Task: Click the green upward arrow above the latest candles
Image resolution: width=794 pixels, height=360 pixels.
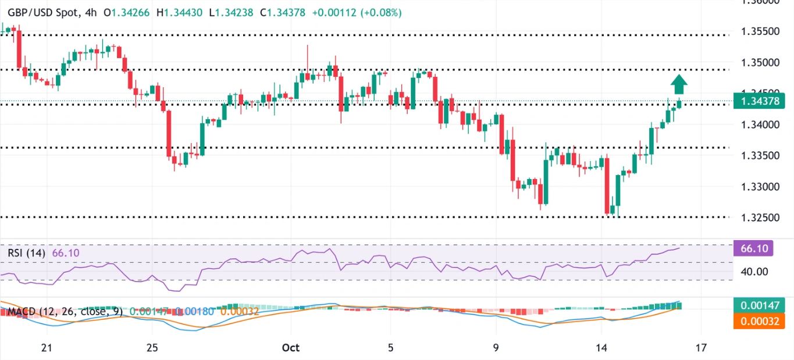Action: coord(678,84)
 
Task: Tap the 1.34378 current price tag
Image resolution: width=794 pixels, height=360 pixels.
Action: coord(761,102)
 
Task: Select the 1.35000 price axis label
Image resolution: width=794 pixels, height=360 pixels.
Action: coord(761,62)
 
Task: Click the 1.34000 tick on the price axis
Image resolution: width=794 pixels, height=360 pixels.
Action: coord(761,124)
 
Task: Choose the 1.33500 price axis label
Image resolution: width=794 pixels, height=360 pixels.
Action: coord(761,155)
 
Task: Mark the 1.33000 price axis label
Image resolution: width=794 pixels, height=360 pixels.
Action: coord(761,187)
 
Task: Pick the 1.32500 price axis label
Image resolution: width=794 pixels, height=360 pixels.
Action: coord(761,218)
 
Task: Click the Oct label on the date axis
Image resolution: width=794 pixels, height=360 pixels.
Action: coord(290,348)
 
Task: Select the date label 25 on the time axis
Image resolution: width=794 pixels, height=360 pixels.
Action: coord(152,348)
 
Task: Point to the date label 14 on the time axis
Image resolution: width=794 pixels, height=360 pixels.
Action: coord(601,348)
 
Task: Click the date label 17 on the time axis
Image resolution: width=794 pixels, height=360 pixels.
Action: coord(702,348)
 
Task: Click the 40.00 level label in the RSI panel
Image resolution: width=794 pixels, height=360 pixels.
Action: coord(755,272)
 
